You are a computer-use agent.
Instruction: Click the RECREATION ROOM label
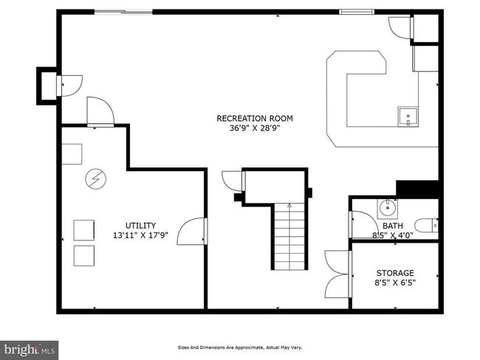(255, 118)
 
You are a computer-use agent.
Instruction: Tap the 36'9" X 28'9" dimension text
(255, 128)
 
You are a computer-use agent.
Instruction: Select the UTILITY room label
(141, 226)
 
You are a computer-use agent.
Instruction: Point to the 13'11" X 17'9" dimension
(141, 235)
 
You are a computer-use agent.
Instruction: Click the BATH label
(393, 226)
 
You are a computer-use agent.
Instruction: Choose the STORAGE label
(395, 273)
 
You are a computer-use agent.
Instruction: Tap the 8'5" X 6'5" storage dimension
(395, 283)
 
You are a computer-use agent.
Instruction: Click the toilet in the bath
(427, 226)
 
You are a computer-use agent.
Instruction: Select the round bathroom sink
(388, 208)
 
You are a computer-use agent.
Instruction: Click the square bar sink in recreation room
(408, 117)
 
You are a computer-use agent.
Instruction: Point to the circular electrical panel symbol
(96, 179)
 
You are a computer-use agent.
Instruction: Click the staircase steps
(289, 236)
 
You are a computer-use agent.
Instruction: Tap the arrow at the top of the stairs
(289, 205)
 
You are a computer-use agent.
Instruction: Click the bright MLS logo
(29, 350)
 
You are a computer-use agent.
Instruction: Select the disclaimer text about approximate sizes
(240, 347)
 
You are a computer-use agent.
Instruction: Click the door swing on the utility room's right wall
(191, 231)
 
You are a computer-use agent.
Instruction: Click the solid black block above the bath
(418, 190)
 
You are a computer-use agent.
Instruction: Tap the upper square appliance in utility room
(84, 230)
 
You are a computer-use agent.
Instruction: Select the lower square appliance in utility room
(84, 256)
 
